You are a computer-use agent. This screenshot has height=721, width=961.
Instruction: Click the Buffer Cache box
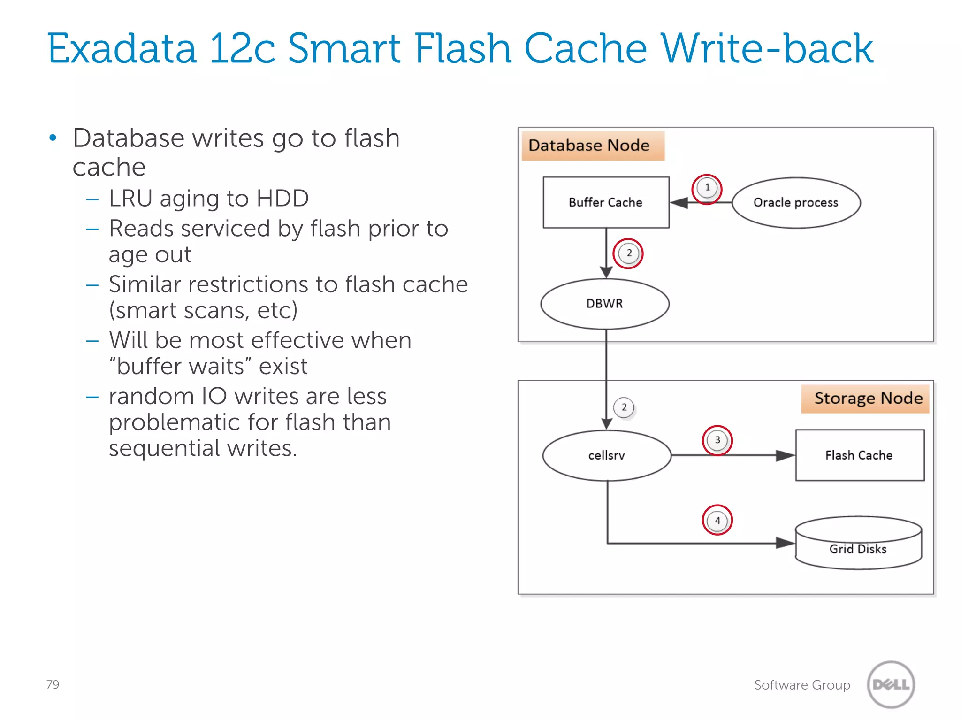pyautogui.click(x=606, y=202)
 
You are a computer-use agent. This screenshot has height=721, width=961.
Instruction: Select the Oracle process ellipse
pyautogui.click(x=796, y=203)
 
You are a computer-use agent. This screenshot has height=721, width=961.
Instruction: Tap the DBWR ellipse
pyautogui.click(x=604, y=304)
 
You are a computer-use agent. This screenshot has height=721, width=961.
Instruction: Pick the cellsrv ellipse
pyautogui.click(x=606, y=455)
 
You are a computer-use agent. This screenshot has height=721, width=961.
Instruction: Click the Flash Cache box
pyautogui.click(x=860, y=455)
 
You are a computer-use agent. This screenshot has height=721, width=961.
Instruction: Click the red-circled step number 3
pyautogui.click(x=717, y=440)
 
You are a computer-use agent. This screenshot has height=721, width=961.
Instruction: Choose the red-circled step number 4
pyautogui.click(x=717, y=520)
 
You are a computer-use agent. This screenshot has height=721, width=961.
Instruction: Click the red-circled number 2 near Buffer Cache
pyautogui.click(x=628, y=253)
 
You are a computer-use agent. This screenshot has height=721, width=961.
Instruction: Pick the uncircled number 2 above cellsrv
pyautogui.click(x=624, y=407)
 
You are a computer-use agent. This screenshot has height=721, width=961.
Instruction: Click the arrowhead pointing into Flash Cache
pyautogui.click(x=785, y=455)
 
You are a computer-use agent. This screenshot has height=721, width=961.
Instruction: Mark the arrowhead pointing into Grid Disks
pyautogui.click(x=785, y=543)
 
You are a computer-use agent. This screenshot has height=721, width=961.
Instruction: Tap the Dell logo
pyautogui.click(x=891, y=684)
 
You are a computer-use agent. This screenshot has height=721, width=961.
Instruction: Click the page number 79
pyautogui.click(x=53, y=684)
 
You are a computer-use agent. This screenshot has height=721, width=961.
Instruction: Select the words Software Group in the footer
pyautogui.click(x=802, y=685)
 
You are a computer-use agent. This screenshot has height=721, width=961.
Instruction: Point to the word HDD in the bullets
pyautogui.click(x=282, y=198)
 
